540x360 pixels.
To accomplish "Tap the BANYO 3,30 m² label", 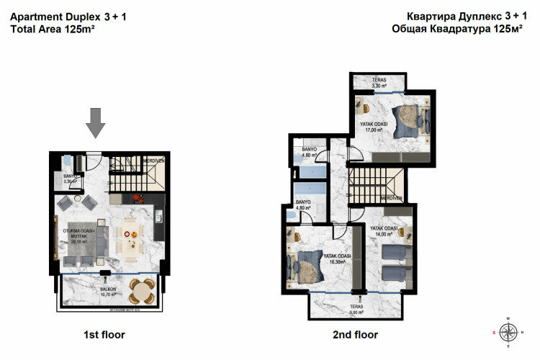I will point(70,179).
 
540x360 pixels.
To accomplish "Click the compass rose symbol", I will point(509,332).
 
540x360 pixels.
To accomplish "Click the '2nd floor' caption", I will point(356,335).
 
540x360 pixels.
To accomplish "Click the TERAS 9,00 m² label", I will point(358,310).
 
